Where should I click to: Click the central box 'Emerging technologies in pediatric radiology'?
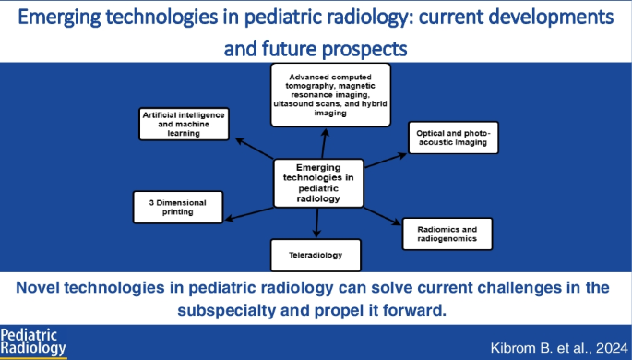pyautogui.click(x=316, y=182)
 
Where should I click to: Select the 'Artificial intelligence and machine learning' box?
pyautogui.click(x=182, y=124)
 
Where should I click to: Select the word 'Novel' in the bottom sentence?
pyautogui.click(x=47, y=287)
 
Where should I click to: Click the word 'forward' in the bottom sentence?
pyautogui.click(x=411, y=309)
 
